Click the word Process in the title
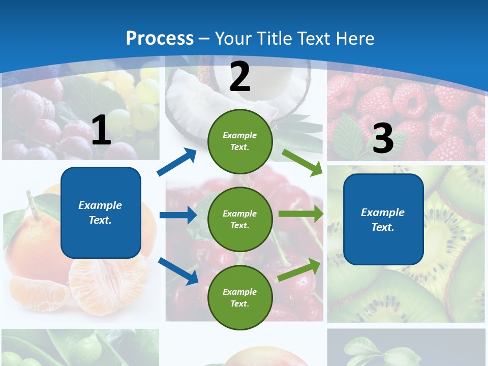[x=160, y=38]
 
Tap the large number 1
[x=101, y=131]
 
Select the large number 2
[x=240, y=77]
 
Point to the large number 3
[x=383, y=139]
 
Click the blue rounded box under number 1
[x=101, y=212]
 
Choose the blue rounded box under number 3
[x=383, y=220]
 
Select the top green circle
[x=240, y=141]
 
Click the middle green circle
[x=240, y=219]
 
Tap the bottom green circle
[x=240, y=297]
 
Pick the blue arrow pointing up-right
[x=177, y=162]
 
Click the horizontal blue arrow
[x=178, y=215]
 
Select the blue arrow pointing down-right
[x=178, y=270]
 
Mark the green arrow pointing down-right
[x=302, y=162]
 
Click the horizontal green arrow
[x=300, y=214]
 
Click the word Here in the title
[x=354, y=38]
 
